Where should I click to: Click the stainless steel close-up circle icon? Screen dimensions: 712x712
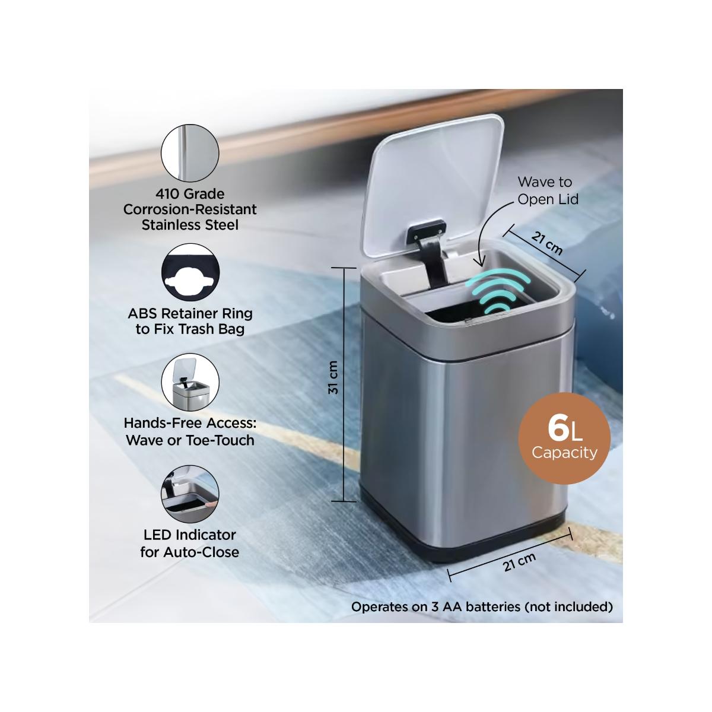tap(190, 153)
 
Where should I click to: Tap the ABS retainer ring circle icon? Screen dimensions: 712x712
tap(190, 272)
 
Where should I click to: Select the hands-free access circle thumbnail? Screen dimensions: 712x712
tap(190, 382)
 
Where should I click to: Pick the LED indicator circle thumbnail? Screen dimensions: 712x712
tap(190, 494)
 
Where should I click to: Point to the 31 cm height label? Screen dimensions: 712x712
tap(333, 377)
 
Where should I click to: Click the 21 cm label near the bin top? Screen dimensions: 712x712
tap(547, 243)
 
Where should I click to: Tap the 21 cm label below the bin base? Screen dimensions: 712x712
tap(519, 562)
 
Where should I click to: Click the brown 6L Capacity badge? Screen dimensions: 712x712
tap(564, 438)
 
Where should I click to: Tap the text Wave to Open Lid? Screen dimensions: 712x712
tap(547, 190)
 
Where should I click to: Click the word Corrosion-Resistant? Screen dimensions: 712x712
tap(190, 209)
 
